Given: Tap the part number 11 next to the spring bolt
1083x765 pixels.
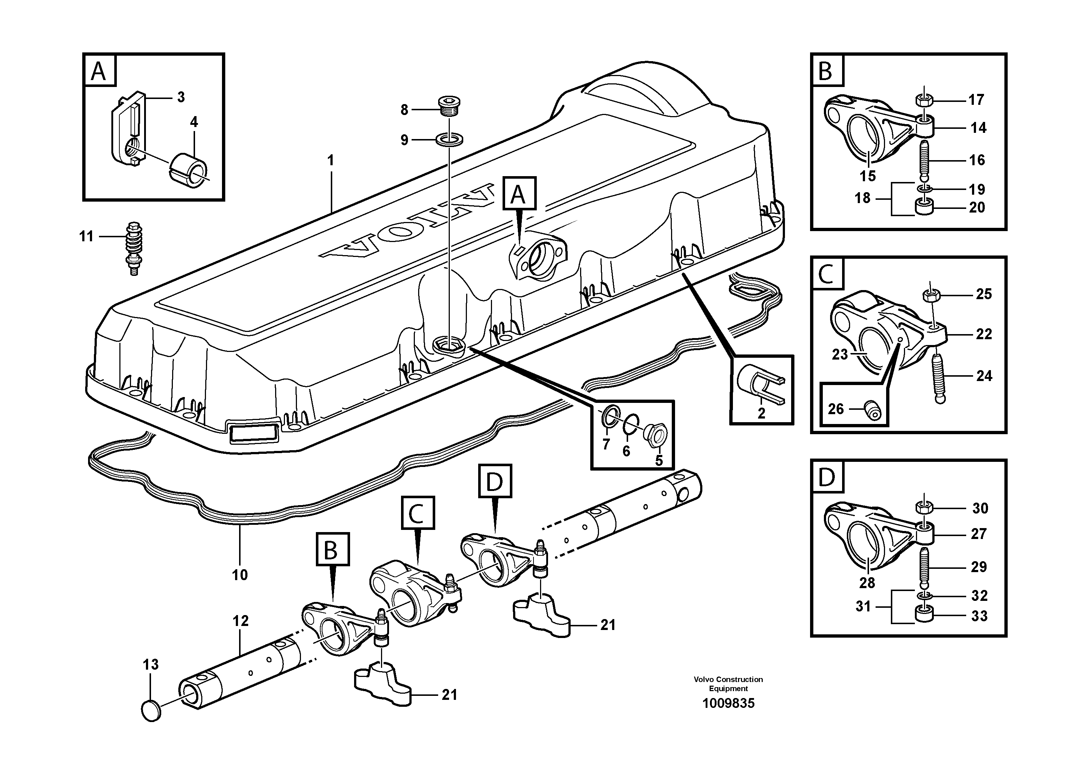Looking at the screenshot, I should [86, 236].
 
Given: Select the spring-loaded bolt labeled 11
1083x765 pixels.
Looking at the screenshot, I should [134, 249].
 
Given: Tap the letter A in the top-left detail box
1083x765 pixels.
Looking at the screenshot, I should [99, 72].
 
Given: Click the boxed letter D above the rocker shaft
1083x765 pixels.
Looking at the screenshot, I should [495, 481].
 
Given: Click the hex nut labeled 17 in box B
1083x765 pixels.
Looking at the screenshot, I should [924, 100].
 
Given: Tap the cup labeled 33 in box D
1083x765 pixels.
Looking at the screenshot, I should [924, 615].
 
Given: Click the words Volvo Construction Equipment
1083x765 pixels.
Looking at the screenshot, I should [728, 684].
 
